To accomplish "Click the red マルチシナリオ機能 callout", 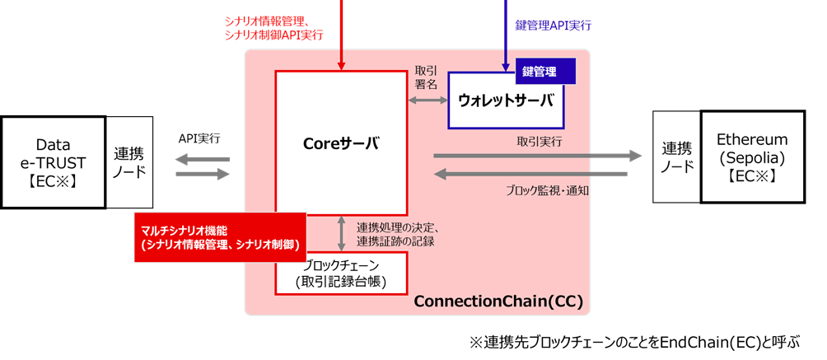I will [x=220, y=238].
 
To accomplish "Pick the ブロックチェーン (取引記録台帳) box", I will [x=342, y=274].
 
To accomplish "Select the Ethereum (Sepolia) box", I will [x=751, y=157].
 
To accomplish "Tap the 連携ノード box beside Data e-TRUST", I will [x=128, y=161].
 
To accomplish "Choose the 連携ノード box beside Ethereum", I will [x=675, y=157].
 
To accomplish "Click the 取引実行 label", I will [x=540, y=141].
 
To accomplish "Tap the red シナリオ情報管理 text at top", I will [x=267, y=20].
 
